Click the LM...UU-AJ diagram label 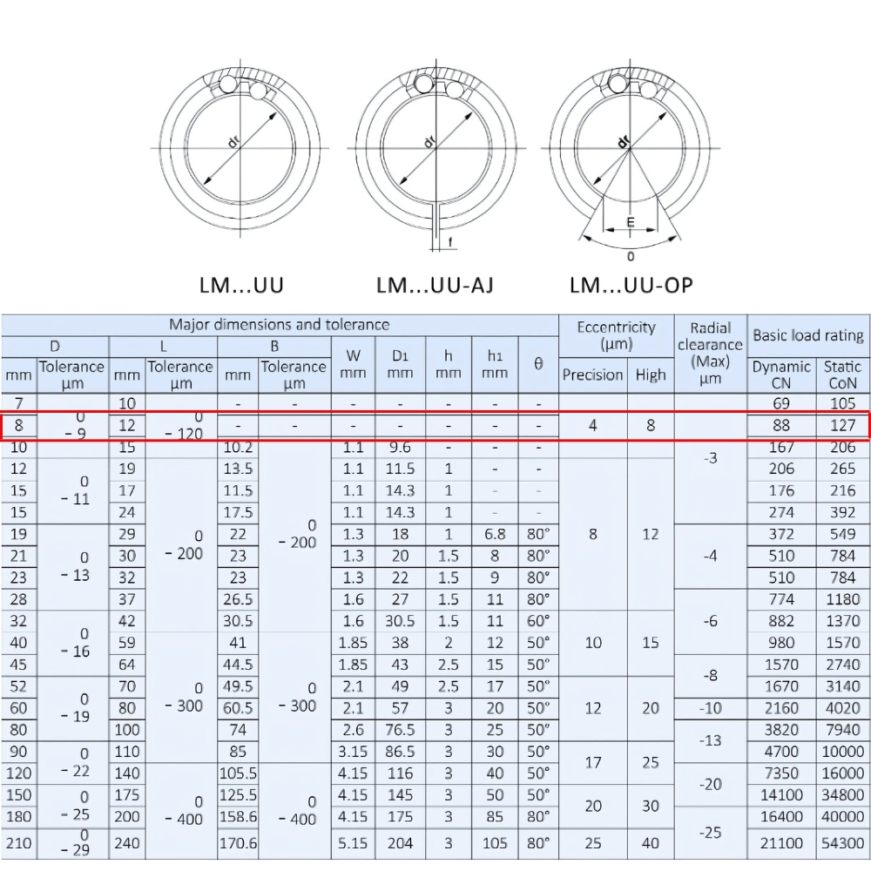click(x=435, y=285)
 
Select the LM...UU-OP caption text click(x=631, y=285)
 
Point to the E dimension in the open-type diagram click(x=630, y=223)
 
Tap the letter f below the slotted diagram click(x=449, y=241)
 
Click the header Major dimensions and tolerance click(x=279, y=325)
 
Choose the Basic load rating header click(x=808, y=335)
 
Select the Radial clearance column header click(x=710, y=353)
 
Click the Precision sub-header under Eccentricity click(x=592, y=375)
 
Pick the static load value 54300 click(x=843, y=843)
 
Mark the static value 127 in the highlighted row click(x=843, y=426)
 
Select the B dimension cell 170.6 click(x=239, y=843)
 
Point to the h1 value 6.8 click(x=495, y=534)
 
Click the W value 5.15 click(x=353, y=843)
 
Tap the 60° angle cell click(x=538, y=621)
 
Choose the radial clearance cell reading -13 click(x=710, y=740)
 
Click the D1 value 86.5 click(x=400, y=752)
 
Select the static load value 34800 click(x=843, y=795)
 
